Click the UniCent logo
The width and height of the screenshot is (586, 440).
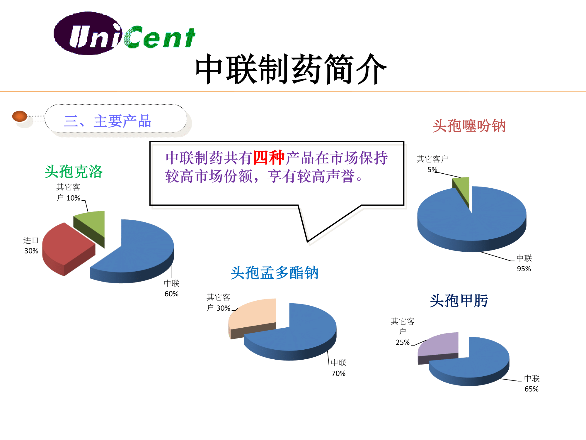pos(125,34)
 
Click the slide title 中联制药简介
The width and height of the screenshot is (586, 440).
pos(291,69)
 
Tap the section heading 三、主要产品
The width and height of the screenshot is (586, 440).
pos(108,121)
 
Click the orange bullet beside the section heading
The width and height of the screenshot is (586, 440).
pos(20,116)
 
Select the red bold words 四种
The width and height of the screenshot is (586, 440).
pos(269,158)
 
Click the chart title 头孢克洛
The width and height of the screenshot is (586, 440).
pos(74,171)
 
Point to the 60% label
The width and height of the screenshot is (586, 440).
pos(171,294)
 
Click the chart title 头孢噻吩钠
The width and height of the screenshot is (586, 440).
pos(469,126)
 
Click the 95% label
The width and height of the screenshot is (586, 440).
pos(524,269)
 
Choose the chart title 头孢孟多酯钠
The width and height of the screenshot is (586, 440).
pos(275,273)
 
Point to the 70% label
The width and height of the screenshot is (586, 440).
pos(338,373)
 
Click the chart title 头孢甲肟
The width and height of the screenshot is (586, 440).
pos(459,301)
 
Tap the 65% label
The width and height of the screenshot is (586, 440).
pos(532,389)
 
